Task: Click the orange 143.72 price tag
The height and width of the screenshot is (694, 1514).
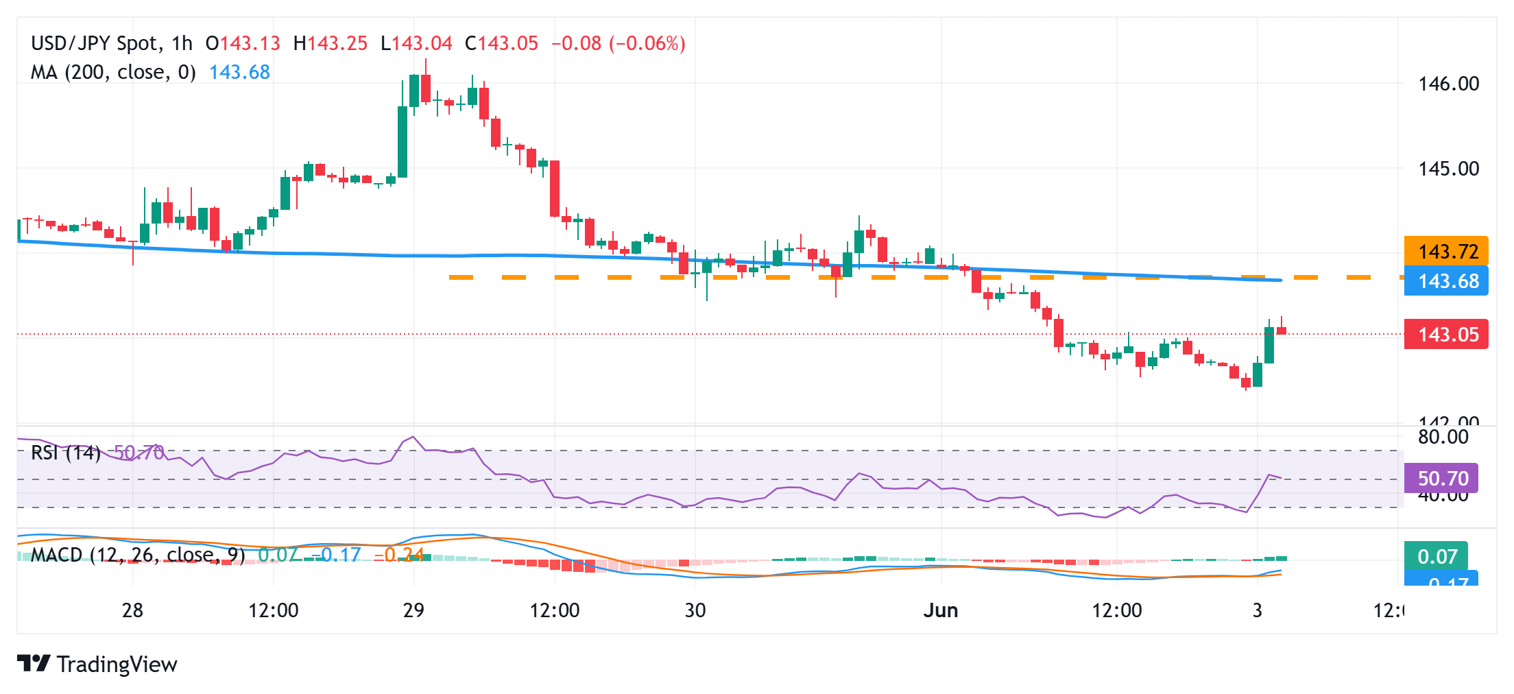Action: point(1446,252)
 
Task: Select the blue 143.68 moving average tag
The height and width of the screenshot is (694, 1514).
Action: point(1446,281)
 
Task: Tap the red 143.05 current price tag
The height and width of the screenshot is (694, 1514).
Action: point(1446,335)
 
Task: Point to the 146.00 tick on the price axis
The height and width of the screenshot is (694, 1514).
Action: point(1448,84)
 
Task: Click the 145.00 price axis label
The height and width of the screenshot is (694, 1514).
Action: point(1448,169)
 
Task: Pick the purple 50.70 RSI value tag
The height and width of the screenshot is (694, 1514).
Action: point(1442,478)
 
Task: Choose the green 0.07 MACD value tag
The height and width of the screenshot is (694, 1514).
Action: point(1437,556)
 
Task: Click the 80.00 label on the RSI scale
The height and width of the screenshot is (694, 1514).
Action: point(1443,437)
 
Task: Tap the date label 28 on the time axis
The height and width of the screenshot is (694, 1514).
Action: point(132,610)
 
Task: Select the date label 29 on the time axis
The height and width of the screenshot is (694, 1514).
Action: point(413,610)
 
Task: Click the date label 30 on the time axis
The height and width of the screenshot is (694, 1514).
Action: point(695,610)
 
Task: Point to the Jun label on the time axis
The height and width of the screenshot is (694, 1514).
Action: point(941,610)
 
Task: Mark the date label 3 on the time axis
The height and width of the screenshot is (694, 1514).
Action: point(1257,610)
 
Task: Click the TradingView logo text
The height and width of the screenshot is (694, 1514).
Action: point(117,665)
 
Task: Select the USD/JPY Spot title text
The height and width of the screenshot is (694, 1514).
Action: point(95,43)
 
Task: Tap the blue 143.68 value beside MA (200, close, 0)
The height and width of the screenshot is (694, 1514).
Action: point(239,72)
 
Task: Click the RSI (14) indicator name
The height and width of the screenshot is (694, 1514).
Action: point(66,453)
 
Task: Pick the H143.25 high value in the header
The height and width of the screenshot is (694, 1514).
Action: point(331,43)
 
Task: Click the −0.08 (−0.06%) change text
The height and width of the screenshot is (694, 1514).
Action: point(618,43)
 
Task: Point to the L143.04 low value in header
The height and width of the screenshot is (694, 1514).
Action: point(417,43)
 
